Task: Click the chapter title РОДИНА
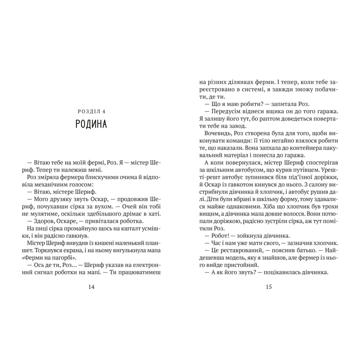[x=91, y=124]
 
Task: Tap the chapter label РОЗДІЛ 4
[x=91, y=112]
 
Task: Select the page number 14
[x=91, y=287]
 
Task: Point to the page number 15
[x=268, y=287]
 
